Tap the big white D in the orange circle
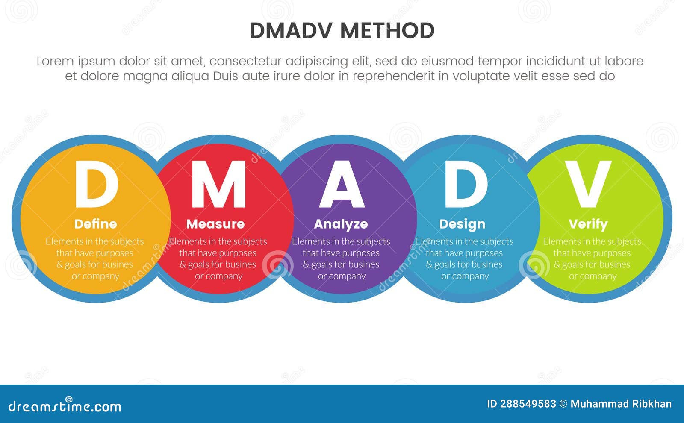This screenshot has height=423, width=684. [x=96, y=184]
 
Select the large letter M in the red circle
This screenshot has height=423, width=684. [x=218, y=184]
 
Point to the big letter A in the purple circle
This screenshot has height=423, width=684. [x=342, y=184]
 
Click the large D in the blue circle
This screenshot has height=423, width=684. [x=466, y=184]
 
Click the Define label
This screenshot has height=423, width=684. [x=95, y=224]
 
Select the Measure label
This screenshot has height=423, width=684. [x=215, y=224]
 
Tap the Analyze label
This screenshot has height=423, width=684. [x=341, y=224]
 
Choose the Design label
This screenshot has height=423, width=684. [x=462, y=224]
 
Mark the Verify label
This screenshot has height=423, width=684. [x=588, y=224]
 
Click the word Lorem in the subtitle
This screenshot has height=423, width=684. [x=55, y=61]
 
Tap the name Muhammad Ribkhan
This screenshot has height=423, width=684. [x=621, y=404]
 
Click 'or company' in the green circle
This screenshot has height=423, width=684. [x=593, y=276]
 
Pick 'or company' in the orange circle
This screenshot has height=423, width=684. [x=95, y=276]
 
